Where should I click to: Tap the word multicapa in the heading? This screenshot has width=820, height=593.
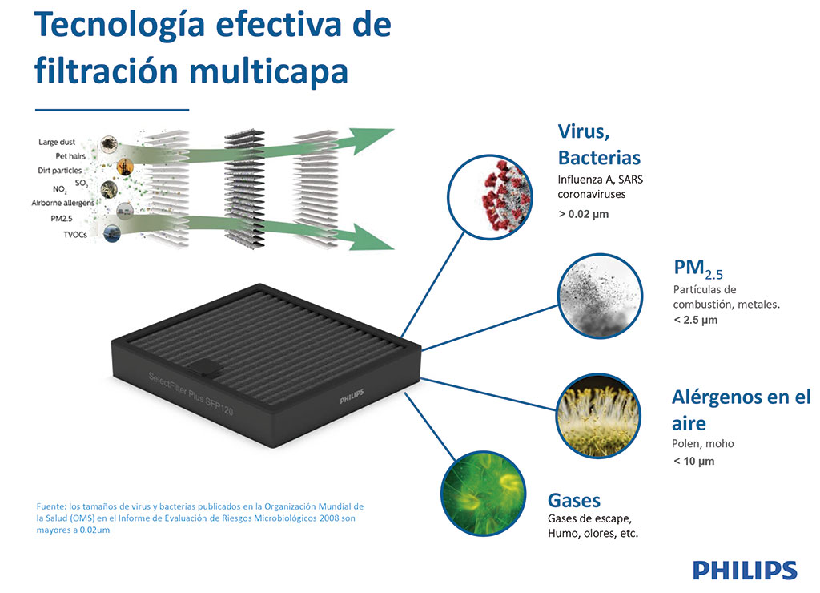pyautogui.click(x=269, y=71)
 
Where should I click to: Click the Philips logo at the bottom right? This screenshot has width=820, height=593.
pyautogui.click(x=745, y=570)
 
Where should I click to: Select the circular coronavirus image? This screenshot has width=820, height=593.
pyautogui.click(x=490, y=197)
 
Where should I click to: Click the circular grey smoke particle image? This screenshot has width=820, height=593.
pyautogui.click(x=599, y=296)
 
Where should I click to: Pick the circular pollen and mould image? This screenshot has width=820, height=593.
pyautogui.click(x=597, y=416)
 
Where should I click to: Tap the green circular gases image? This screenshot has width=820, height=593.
pyautogui.click(x=483, y=493)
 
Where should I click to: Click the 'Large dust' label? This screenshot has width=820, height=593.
pyautogui.click(x=57, y=142)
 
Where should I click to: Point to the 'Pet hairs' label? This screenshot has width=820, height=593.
pyautogui.click(x=70, y=156)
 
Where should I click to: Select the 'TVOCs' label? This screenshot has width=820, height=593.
pyautogui.click(x=75, y=235)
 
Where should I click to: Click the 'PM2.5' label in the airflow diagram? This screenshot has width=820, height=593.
pyautogui.click(x=62, y=218)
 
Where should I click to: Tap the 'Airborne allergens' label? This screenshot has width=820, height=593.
pyautogui.click(x=63, y=203)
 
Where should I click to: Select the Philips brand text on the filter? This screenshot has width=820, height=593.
pyautogui.click(x=352, y=397)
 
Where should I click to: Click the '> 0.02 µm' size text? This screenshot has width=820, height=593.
pyautogui.click(x=584, y=214)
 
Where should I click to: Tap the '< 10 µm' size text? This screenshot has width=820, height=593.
pyautogui.click(x=694, y=461)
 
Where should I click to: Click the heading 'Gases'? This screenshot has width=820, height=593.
pyautogui.click(x=574, y=500)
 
